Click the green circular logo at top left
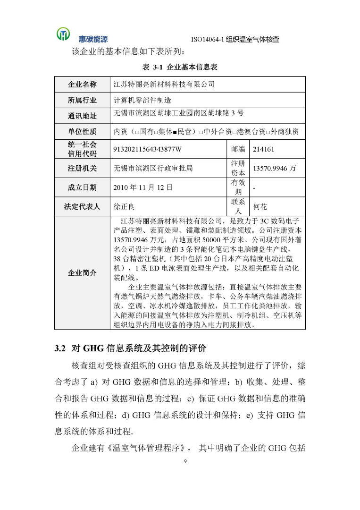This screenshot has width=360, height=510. pyautogui.click(x=63, y=34)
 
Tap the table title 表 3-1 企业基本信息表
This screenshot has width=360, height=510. pyautogui.click(x=180, y=68)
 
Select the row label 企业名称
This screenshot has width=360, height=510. pyautogui.click(x=82, y=85)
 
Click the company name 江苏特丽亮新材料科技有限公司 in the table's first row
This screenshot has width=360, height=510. pyautogui.click(x=164, y=85)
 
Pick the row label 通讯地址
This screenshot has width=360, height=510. pyautogui.click(x=82, y=116)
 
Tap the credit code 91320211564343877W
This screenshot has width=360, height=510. pyautogui.click(x=148, y=149)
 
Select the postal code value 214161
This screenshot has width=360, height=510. pyautogui.click(x=264, y=149)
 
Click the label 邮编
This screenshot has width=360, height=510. pyautogui.click(x=238, y=149)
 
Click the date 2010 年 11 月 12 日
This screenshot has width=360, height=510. pyautogui.click(x=143, y=187)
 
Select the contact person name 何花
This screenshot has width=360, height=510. pyautogui.click(x=260, y=207)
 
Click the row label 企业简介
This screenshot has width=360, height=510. pyautogui.click(x=82, y=273)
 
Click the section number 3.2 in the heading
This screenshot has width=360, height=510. pyautogui.click(x=60, y=349)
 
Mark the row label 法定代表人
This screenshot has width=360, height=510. pyautogui.click(x=82, y=207)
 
